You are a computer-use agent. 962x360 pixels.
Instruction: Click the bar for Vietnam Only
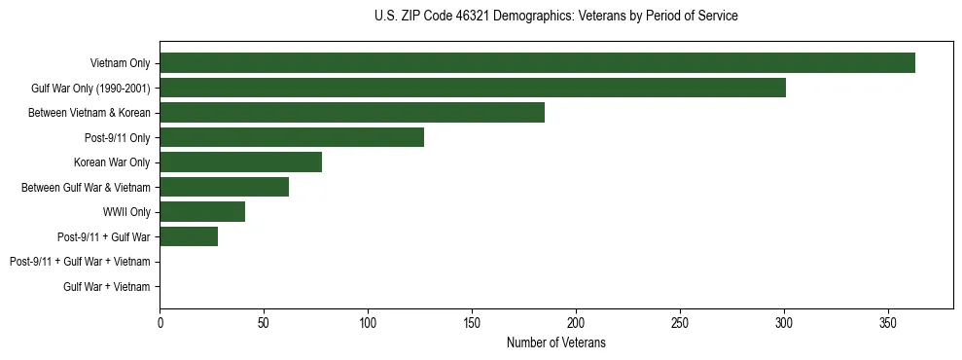537,63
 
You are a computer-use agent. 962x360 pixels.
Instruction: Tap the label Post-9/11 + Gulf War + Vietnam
80,262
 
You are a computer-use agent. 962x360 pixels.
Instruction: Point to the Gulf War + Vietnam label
107,287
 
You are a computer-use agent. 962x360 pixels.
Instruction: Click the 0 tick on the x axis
160,322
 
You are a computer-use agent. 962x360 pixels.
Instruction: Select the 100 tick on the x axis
368,322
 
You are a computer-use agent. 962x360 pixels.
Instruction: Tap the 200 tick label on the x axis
576,322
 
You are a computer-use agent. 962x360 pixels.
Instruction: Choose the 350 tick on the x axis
888,322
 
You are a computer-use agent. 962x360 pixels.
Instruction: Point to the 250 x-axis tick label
680,322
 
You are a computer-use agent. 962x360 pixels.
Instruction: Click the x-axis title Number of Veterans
555,342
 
